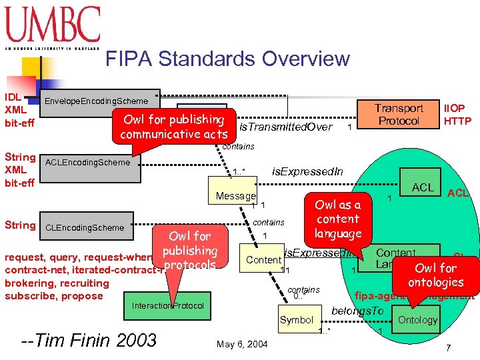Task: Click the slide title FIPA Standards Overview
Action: point(227,59)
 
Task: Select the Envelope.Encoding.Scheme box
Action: point(101,99)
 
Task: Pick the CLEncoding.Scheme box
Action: point(87,227)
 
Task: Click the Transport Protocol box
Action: point(399,114)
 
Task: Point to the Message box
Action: point(235,196)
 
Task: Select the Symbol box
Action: point(297,320)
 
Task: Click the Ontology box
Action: point(417,320)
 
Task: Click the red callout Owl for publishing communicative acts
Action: point(173,126)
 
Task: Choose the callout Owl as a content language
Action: point(337,219)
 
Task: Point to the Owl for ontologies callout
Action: point(435,275)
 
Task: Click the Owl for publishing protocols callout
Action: point(189,250)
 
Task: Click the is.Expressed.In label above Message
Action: point(307,172)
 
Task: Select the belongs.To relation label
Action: point(357,311)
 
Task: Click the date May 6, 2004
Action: point(241,344)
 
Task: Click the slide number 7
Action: point(448,348)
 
